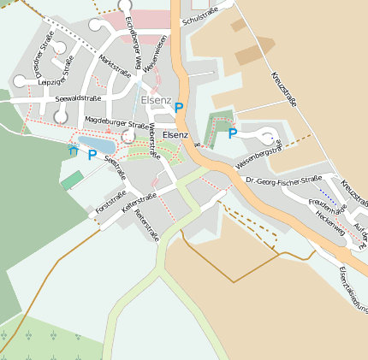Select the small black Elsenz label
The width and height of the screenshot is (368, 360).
[x=175, y=134]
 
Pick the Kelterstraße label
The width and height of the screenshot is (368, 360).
[x=138, y=204]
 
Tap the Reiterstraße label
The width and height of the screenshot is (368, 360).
[x=147, y=224]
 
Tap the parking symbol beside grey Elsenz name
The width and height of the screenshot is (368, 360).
[x=179, y=108]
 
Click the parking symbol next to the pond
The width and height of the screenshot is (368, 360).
[x=92, y=156]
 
